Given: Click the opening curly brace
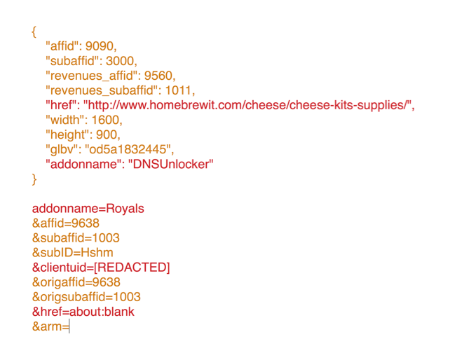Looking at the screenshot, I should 34,32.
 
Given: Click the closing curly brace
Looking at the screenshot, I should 34,179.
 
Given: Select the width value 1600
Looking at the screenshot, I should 106,120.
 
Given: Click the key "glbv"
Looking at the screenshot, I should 61,149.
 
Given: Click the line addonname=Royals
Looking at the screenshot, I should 88,209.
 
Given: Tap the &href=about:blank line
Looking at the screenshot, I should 83,312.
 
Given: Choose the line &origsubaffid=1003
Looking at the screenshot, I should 86,297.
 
